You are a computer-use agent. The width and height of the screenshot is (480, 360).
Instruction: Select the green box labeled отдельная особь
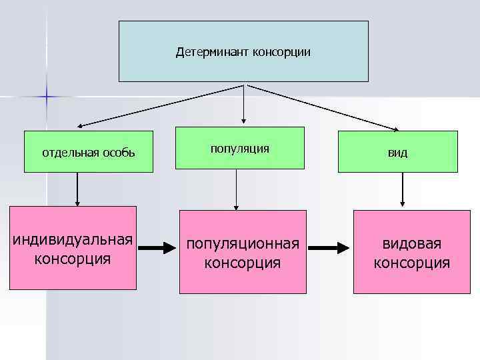click(89, 152)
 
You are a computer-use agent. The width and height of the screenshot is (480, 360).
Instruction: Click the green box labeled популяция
click(240, 148)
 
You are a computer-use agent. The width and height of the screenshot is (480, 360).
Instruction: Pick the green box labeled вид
click(398, 152)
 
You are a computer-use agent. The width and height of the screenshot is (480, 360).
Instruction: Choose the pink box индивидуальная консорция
click(73, 248)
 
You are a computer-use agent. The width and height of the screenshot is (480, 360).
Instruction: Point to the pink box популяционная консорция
click(243, 252)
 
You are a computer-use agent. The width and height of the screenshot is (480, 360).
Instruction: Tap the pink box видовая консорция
click(411, 252)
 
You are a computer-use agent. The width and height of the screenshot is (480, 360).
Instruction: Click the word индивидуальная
click(73, 239)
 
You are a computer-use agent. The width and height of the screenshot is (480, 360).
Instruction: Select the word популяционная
click(243, 243)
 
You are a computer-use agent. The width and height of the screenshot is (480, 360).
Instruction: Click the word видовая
click(411, 243)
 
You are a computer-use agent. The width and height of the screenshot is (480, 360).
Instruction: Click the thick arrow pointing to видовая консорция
click(329, 249)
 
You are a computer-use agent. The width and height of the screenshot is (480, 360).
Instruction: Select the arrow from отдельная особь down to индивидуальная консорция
click(78, 189)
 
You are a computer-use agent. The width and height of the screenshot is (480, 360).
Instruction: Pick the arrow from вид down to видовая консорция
click(402, 189)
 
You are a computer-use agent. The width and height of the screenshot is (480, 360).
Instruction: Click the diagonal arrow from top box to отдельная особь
click(160, 105)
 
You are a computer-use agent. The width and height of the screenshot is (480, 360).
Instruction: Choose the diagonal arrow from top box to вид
click(323, 107)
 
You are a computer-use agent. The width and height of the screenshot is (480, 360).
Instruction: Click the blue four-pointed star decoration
click(47, 97)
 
